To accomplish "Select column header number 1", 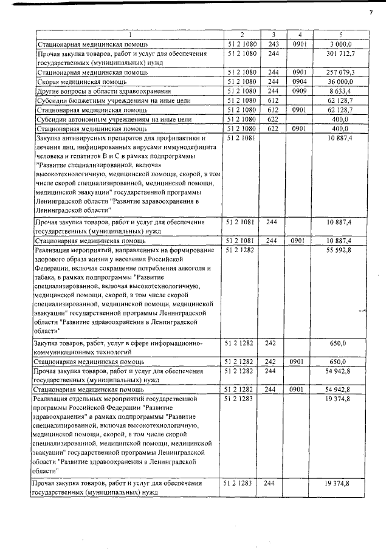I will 128,35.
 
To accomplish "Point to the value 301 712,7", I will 341,54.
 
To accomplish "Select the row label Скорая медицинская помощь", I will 81,81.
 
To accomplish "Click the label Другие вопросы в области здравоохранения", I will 100,91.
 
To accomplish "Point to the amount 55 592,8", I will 342,250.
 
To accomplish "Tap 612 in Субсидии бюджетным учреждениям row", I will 273,100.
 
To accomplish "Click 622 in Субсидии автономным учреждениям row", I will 273,119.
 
